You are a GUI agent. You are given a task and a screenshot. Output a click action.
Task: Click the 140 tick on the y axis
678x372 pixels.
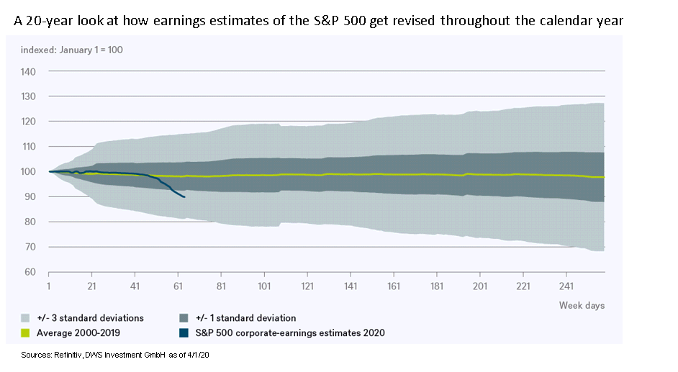click(29, 72)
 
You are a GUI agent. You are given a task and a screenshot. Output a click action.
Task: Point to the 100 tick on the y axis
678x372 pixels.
click(29, 172)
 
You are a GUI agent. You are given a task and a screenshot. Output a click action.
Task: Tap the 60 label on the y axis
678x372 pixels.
click(31, 272)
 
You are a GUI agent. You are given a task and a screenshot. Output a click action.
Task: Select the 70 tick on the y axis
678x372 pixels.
click(31, 247)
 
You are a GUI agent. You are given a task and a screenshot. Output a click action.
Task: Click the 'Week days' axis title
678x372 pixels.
click(582, 305)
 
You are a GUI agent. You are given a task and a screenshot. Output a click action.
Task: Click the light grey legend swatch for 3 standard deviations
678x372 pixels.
click(25, 318)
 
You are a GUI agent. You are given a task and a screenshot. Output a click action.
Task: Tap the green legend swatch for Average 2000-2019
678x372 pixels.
click(25, 332)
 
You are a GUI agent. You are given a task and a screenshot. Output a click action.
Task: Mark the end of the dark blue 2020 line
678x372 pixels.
click(185, 196)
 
